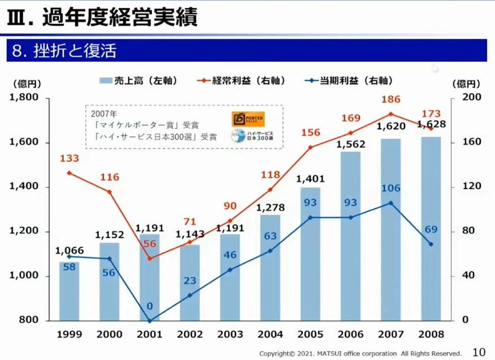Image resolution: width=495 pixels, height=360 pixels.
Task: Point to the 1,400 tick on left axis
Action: [x=24, y=187]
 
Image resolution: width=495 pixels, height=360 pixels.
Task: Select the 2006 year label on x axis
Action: [x=350, y=334]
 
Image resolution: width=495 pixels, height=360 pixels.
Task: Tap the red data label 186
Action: [x=391, y=100]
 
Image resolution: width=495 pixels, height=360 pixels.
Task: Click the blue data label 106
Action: [x=391, y=188]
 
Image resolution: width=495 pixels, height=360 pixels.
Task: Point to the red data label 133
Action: [x=69, y=159]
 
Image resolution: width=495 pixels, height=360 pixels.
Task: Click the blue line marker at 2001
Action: [x=150, y=320]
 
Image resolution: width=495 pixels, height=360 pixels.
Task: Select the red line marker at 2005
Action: [x=310, y=147]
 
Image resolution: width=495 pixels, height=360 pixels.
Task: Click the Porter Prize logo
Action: [x=248, y=119]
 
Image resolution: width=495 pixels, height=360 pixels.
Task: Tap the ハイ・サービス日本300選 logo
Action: [x=252, y=136]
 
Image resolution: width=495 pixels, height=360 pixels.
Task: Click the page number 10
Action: [x=479, y=352]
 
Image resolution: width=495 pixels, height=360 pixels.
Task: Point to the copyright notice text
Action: [x=360, y=353]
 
